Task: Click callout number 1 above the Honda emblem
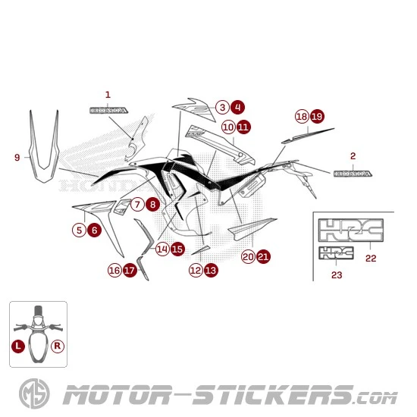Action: tap(107, 95)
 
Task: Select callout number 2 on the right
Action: tap(353, 156)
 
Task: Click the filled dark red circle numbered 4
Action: tap(238, 108)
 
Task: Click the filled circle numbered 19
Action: tap(317, 116)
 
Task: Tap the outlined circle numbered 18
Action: tap(302, 116)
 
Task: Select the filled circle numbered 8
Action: tap(153, 204)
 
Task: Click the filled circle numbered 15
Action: tap(177, 248)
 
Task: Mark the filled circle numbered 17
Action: tap(130, 269)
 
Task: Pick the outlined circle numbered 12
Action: tap(196, 269)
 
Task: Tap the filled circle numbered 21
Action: tap(263, 257)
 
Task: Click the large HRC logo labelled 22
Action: tap(350, 231)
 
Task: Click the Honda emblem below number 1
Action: tap(108, 110)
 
